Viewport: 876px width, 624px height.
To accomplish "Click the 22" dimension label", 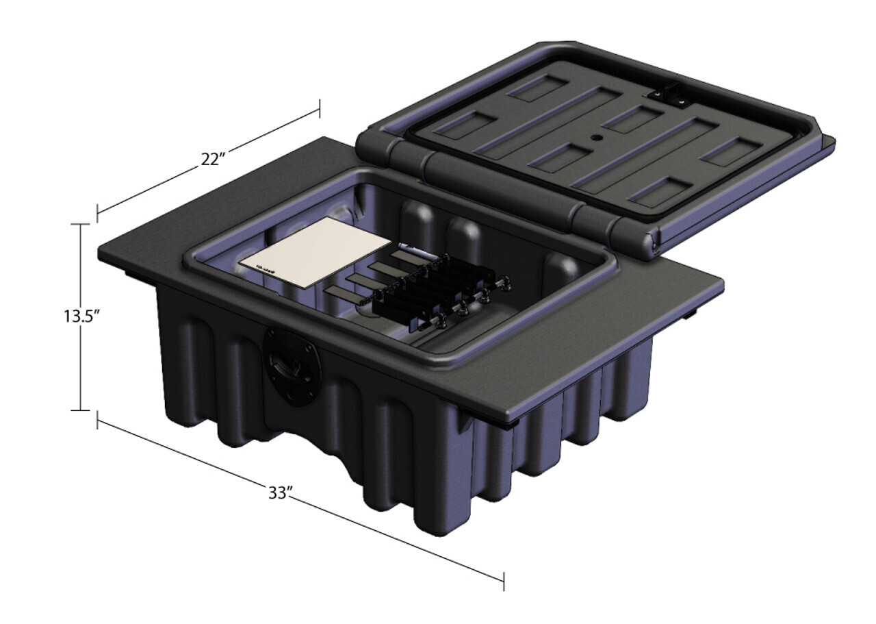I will click(x=214, y=159).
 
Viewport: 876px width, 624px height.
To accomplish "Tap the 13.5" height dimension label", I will click(x=79, y=316).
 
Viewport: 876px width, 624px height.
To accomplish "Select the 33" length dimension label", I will click(x=280, y=492).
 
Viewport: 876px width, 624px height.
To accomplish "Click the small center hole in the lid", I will click(x=595, y=137).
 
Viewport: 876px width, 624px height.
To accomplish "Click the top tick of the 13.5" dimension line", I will click(x=81, y=224).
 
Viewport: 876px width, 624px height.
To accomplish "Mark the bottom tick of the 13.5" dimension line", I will click(x=81, y=410).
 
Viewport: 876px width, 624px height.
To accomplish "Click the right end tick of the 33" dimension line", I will click(x=504, y=581).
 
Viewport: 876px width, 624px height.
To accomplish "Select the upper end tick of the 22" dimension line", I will click(x=320, y=108).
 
